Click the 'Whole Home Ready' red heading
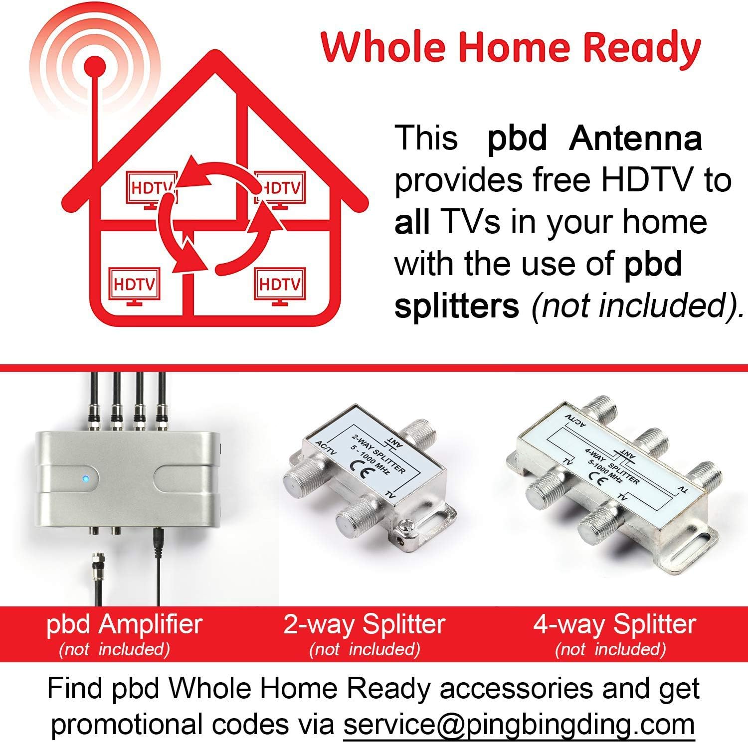tap(511, 47)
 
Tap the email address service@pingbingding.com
tap(519, 724)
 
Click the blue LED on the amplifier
tap(86, 479)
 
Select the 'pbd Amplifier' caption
tap(124, 624)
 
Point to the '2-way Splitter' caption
tap(364, 624)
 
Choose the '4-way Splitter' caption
tap(614, 624)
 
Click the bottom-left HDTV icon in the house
tap(134, 286)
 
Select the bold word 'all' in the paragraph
tap(412, 222)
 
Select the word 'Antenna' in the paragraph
tap(635, 139)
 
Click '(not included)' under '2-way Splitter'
tap(364, 649)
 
